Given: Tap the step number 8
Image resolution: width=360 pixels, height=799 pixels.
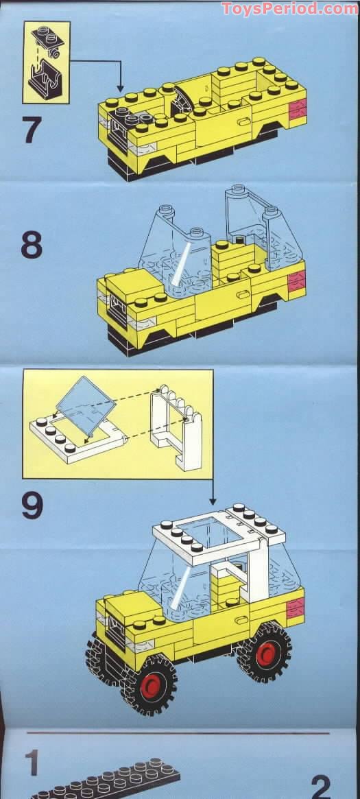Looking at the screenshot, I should (x=32, y=246).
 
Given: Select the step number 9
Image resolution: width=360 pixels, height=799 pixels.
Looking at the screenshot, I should (x=32, y=505).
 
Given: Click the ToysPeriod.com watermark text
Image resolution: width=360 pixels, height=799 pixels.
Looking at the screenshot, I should (x=289, y=8).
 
